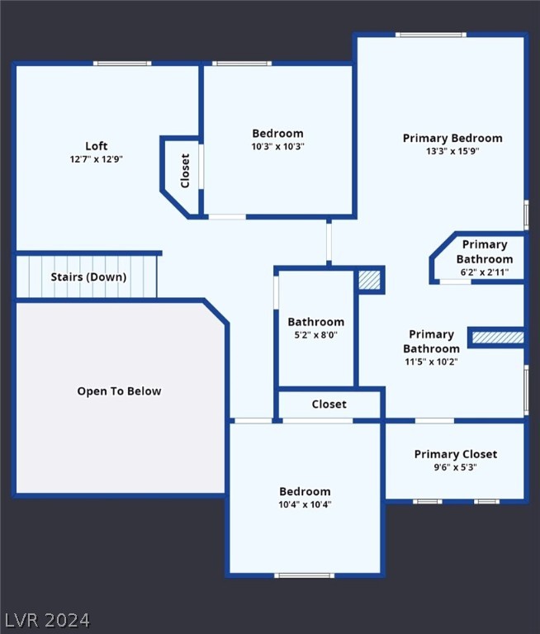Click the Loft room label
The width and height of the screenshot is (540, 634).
click(97, 145)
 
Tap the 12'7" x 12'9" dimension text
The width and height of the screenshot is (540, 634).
click(97, 158)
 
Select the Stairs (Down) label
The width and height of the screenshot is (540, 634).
click(88, 277)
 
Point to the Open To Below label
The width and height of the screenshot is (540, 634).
click(120, 391)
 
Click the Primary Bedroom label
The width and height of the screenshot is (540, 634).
click(452, 139)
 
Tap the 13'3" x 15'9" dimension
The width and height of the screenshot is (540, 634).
click(452, 151)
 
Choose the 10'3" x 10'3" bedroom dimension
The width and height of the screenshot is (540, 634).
click(278, 146)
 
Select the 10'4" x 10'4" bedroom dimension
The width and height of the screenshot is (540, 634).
click(305, 504)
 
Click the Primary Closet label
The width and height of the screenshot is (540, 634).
click(456, 454)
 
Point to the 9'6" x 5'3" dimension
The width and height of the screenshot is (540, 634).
click(456, 467)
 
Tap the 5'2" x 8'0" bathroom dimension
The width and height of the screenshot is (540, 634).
click(316, 335)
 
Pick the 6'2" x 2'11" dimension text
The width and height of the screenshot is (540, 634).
click(485, 272)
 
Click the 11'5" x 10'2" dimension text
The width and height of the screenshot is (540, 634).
click(431, 362)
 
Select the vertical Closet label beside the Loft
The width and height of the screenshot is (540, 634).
click(185, 171)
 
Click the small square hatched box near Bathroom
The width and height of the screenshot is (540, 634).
click(370, 280)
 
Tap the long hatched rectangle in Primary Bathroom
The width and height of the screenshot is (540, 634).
click(498, 337)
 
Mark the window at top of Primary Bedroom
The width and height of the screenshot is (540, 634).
click(431, 35)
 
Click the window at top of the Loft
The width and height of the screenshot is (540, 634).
click(122, 63)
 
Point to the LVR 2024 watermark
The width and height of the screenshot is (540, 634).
click(48, 620)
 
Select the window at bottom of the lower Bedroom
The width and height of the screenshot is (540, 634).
click(305, 575)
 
